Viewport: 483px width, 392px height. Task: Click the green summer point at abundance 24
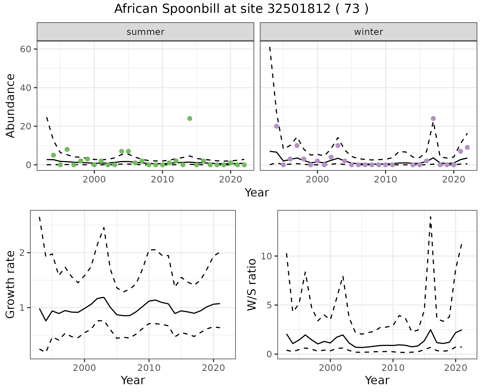[190, 118]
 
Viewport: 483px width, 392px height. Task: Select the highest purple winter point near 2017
[433, 118]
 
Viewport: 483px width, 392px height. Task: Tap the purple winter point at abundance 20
[276, 126]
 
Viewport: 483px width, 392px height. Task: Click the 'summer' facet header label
[145, 32]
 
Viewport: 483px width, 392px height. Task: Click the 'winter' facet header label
[369, 32]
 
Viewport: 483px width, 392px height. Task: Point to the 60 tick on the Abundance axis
[25, 49]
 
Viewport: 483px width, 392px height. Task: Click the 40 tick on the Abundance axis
[25, 88]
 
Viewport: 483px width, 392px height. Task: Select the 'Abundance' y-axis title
[11, 106]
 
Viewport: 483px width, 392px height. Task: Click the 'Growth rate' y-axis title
[11, 285]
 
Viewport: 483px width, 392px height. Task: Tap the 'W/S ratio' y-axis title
[252, 285]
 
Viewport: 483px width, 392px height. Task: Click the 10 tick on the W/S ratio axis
[267, 256]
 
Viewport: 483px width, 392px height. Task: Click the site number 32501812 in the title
[299, 9]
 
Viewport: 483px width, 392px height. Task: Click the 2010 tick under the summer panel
[162, 179]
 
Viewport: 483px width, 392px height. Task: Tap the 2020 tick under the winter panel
[454, 179]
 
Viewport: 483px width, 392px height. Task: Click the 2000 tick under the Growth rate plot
[85, 368]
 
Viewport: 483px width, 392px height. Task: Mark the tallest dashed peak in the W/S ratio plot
[430, 217]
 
